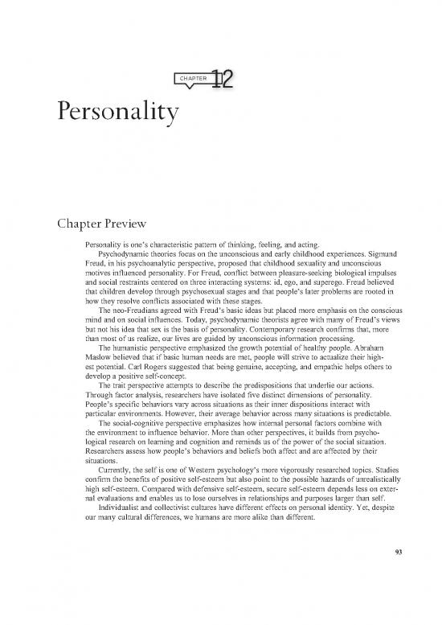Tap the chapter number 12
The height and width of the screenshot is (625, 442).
click(223, 79)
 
